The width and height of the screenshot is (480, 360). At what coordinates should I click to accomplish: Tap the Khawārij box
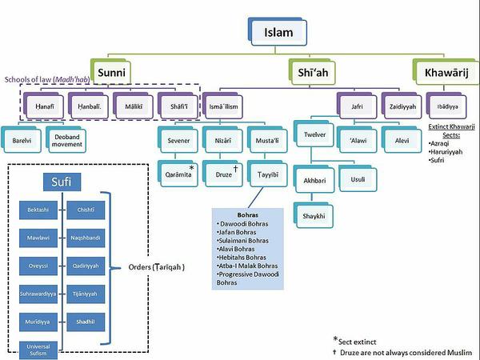[444, 72]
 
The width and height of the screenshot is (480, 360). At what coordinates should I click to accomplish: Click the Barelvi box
[22, 140]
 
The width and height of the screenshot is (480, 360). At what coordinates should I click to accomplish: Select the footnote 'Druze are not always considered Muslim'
[406, 352]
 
